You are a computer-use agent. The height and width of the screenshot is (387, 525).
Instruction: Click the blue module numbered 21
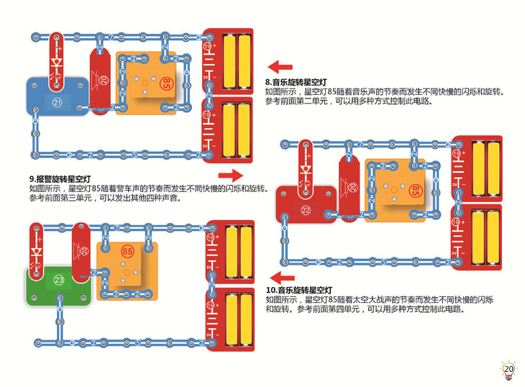click(57, 101)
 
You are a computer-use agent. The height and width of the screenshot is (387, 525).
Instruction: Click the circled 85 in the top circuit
click(165, 82)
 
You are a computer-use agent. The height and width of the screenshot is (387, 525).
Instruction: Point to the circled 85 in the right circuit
click(416, 190)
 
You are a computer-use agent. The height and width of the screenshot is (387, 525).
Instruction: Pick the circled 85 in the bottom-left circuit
click(127, 252)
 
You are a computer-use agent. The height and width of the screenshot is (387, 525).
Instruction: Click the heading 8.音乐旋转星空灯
click(297, 83)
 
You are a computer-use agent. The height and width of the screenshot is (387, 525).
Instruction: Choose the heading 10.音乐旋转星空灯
click(301, 290)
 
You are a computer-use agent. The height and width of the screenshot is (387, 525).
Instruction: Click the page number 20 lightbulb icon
click(508, 369)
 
